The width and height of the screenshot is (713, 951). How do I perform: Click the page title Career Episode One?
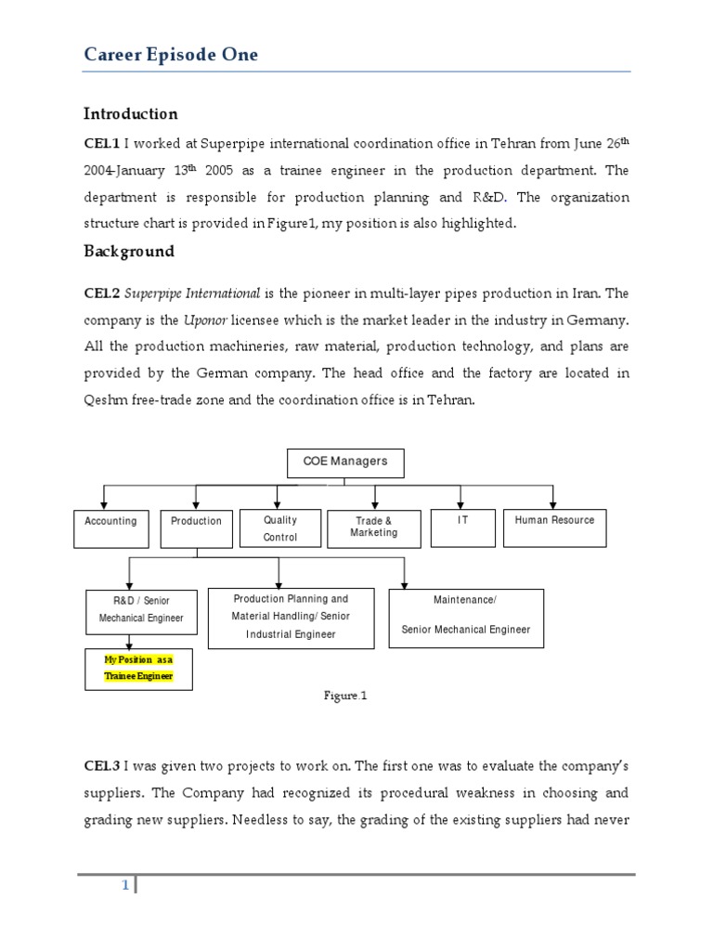point(171,55)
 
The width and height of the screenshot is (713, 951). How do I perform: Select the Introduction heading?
point(130,114)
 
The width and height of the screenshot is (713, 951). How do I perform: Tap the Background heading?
point(129,252)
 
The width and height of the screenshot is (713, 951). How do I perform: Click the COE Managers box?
point(345,462)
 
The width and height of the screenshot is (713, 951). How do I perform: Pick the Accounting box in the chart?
point(110,527)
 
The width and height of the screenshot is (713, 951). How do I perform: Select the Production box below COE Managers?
point(196,527)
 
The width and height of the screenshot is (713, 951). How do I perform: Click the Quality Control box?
point(279,528)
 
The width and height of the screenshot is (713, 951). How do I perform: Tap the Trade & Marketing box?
point(374,528)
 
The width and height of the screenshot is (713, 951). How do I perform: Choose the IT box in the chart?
point(462,527)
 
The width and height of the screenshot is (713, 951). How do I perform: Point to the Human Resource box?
point(554,527)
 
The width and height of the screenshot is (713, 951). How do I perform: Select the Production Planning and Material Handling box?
point(291,617)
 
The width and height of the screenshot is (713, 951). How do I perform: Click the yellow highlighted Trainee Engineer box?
point(138,669)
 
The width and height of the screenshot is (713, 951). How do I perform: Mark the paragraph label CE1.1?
point(102,143)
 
